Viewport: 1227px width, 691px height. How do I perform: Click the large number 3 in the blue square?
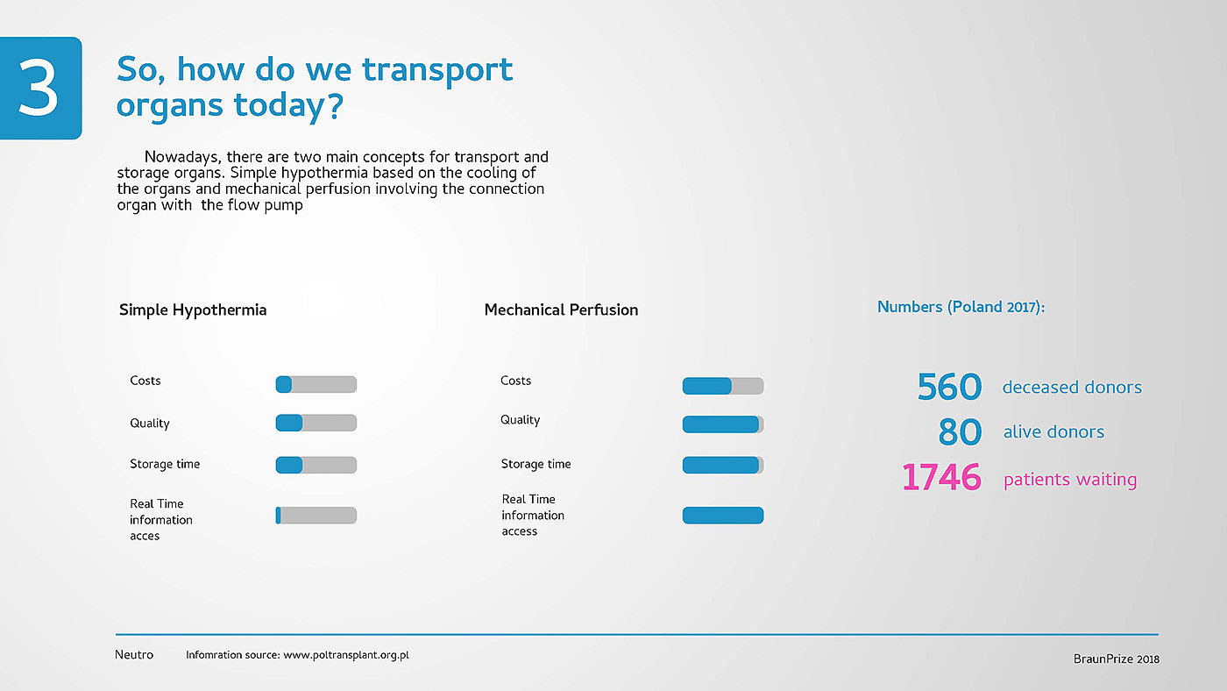pos(38,88)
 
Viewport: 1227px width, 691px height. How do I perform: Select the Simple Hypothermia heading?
pos(193,310)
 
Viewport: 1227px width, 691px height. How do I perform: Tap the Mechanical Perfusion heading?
pos(561,310)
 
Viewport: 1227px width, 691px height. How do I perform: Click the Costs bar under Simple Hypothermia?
pos(316,384)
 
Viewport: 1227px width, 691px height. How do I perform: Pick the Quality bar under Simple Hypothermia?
pos(316,423)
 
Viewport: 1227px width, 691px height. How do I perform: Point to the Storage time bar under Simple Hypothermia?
pos(316,465)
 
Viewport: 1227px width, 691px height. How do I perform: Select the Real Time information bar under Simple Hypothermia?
pos(316,515)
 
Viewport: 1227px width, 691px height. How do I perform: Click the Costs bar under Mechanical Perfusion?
pos(723,386)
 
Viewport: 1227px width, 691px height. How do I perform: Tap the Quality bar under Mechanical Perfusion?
pos(723,424)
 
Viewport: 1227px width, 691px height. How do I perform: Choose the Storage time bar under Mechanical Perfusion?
pos(723,465)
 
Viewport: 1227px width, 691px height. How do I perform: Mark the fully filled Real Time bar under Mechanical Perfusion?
pos(723,515)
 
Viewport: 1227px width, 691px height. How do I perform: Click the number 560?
pos(949,387)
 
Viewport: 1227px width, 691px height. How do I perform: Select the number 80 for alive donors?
pos(960,431)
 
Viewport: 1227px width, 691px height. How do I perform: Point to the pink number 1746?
pos(941,477)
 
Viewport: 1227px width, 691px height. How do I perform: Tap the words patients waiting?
pos(1070,480)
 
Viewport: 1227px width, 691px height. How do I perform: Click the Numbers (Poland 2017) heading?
pos(961,307)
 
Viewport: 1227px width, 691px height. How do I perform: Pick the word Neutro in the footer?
pos(133,655)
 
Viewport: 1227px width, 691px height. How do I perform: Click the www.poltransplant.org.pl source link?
pos(345,655)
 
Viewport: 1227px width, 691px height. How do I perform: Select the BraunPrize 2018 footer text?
pos(1117,659)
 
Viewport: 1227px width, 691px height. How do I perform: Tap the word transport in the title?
pos(437,71)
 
